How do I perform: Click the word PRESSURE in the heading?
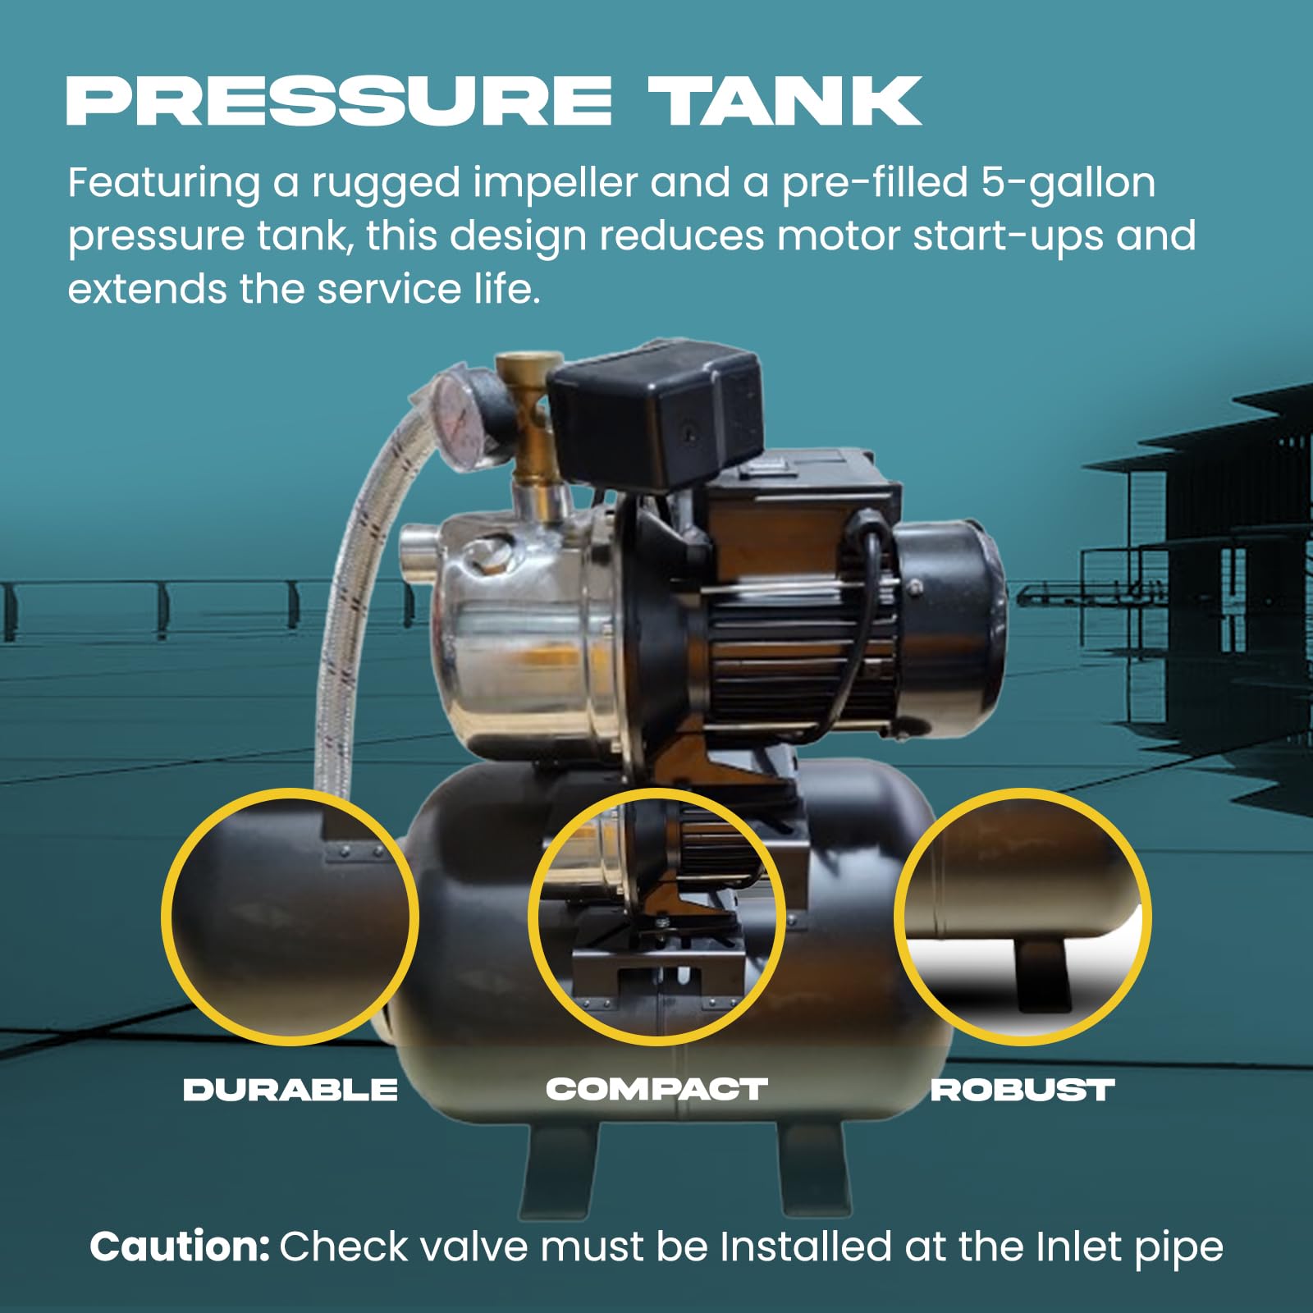pos(338,101)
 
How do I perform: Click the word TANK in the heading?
pos(785,101)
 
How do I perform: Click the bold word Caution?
pos(179,1247)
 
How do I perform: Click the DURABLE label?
pos(290,1090)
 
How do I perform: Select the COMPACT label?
pos(656,1089)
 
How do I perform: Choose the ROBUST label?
pos(1022,1090)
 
